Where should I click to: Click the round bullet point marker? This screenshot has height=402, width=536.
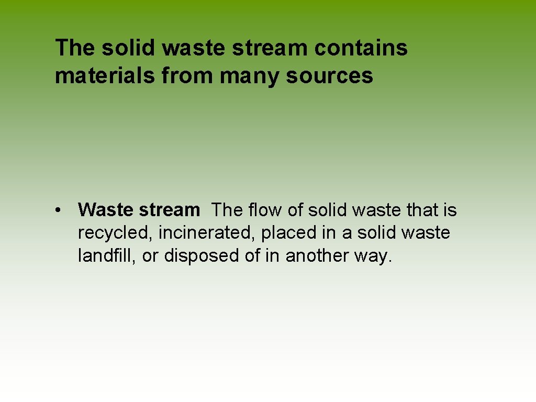coord(62,210)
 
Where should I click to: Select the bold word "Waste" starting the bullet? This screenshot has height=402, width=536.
coord(106,210)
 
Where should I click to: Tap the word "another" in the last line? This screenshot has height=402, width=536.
coord(318,255)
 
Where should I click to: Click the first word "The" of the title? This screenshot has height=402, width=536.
coord(75,48)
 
